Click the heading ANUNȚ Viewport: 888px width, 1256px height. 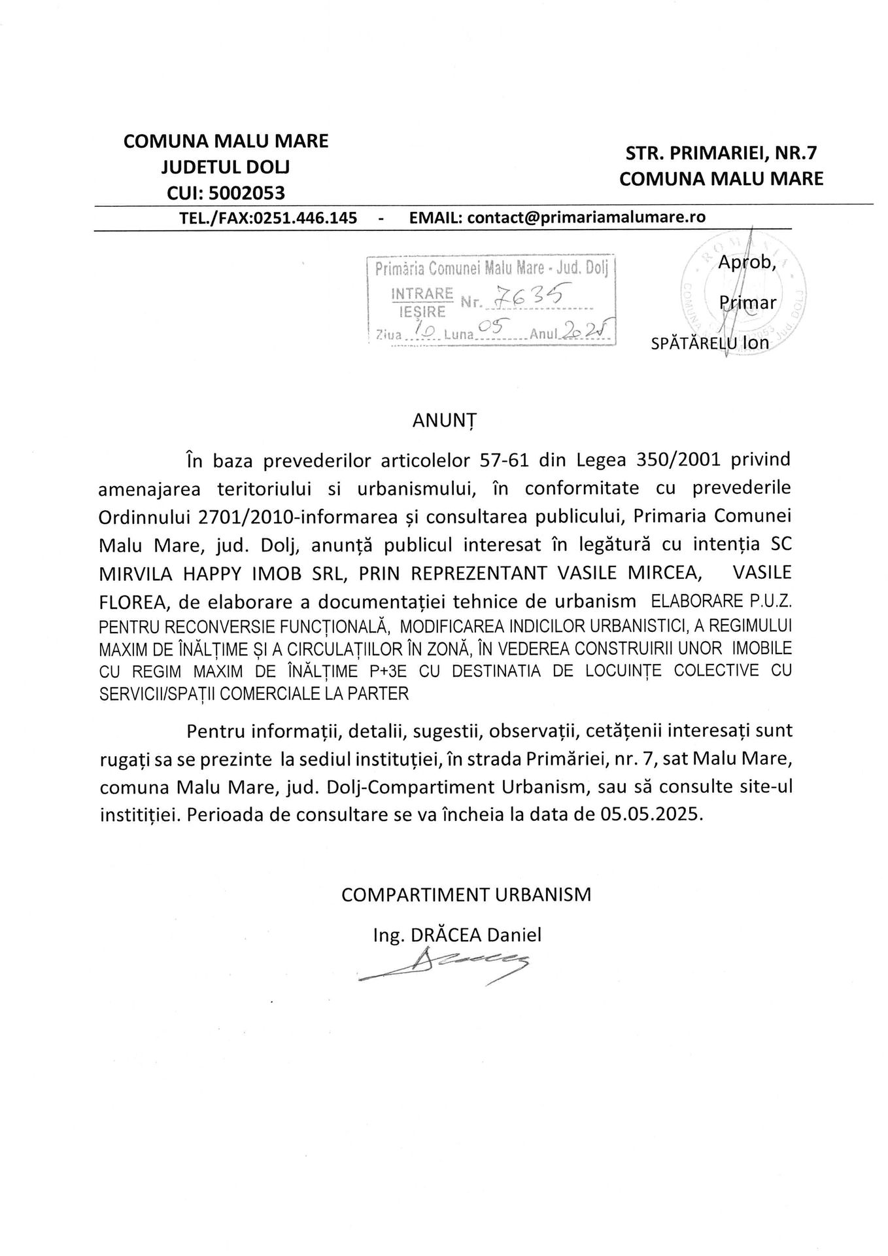tap(444, 421)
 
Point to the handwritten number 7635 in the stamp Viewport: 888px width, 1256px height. tap(529, 298)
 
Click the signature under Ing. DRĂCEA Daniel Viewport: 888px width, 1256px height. tap(445, 967)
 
